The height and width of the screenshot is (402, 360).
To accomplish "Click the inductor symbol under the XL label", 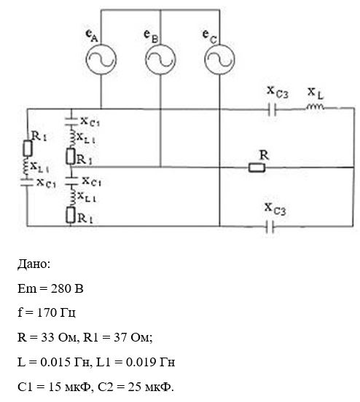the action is point(315,106).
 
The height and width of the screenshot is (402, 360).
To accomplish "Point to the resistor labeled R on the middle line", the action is point(257,167).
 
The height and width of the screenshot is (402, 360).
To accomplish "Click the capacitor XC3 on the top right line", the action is point(272,109).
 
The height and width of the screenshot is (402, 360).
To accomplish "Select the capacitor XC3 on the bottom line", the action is point(270,226).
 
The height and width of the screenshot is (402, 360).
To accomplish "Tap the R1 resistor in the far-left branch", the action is point(28,148).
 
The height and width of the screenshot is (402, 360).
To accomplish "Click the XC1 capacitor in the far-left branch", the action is point(27,182).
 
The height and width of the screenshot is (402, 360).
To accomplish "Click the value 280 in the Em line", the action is point(60,288).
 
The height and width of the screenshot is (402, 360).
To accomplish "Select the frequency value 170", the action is point(47,312).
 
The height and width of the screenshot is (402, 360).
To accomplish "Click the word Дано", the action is point(34,264).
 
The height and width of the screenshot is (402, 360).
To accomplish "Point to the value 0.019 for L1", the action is point(141,362).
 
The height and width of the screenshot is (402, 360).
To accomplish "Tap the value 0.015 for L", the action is point(55,362).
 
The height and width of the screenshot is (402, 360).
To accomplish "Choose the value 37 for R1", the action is point(120,337).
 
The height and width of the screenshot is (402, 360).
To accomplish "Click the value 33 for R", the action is point(47,337).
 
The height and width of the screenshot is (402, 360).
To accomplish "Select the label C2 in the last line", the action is point(105,387).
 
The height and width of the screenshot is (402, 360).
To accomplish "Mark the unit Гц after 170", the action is point(68,313).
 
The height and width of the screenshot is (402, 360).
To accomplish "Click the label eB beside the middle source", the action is point(151,36).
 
